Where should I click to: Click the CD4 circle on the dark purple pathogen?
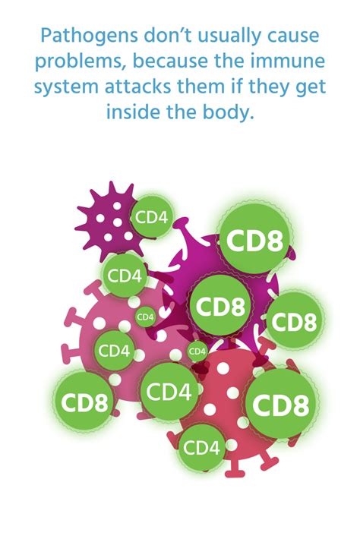point(151,217)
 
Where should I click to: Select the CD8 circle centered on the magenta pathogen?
point(221,307)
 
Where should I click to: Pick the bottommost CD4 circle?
point(202,448)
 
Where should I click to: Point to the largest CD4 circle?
point(168,392)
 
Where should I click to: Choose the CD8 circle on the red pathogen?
point(279,404)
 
